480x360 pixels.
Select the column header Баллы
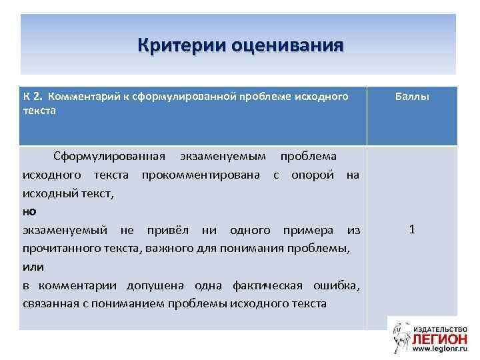point(411,97)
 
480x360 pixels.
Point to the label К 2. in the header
point(33,97)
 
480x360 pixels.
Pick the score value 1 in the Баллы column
point(412,229)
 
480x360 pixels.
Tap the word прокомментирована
point(204,175)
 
